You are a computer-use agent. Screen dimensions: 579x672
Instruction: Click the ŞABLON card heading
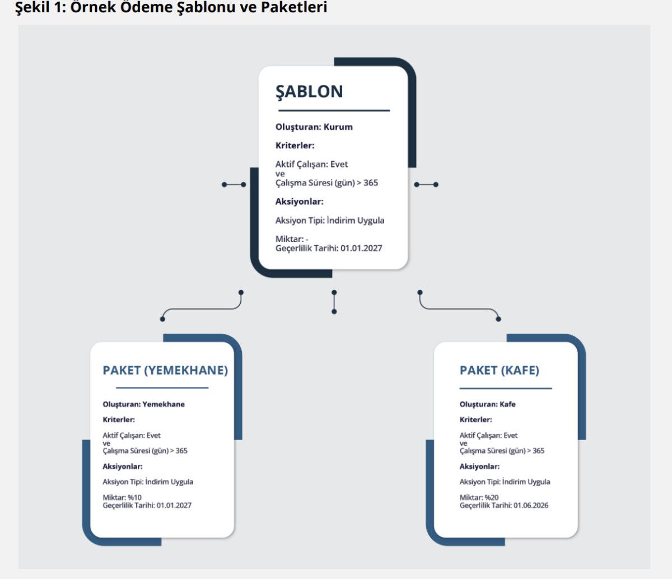tap(309, 91)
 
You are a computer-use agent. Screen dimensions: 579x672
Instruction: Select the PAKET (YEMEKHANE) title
tap(165, 370)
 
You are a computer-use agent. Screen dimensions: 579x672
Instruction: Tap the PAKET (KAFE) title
tap(500, 370)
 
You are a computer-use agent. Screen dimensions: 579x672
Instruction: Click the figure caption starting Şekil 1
tap(171, 8)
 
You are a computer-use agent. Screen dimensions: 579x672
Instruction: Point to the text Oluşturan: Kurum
tap(314, 127)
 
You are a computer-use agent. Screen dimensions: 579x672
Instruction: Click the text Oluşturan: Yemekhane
tap(143, 404)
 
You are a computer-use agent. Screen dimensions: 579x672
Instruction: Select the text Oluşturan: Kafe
tap(488, 404)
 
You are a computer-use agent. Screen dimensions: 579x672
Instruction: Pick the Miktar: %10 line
tap(122, 497)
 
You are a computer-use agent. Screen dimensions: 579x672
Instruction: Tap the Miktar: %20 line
tap(479, 497)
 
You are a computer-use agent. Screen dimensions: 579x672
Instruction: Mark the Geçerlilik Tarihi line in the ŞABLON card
tap(329, 248)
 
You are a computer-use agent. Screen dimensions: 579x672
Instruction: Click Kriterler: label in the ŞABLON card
tap(295, 146)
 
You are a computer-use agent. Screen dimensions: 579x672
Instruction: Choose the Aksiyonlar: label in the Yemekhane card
tap(123, 466)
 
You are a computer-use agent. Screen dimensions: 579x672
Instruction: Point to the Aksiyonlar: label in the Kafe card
tap(480, 466)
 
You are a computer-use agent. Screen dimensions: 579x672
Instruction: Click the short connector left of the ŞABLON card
tap(234, 184)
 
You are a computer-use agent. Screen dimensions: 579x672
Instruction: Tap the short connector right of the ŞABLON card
tap(426, 184)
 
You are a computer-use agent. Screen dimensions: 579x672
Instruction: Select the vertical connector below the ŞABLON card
tap(334, 302)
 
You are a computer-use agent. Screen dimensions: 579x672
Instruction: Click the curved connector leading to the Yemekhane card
tap(202, 309)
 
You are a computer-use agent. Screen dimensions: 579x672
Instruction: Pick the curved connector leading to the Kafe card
tap(459, 309)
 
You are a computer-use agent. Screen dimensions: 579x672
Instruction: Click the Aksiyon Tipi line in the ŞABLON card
tap(330, 220)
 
